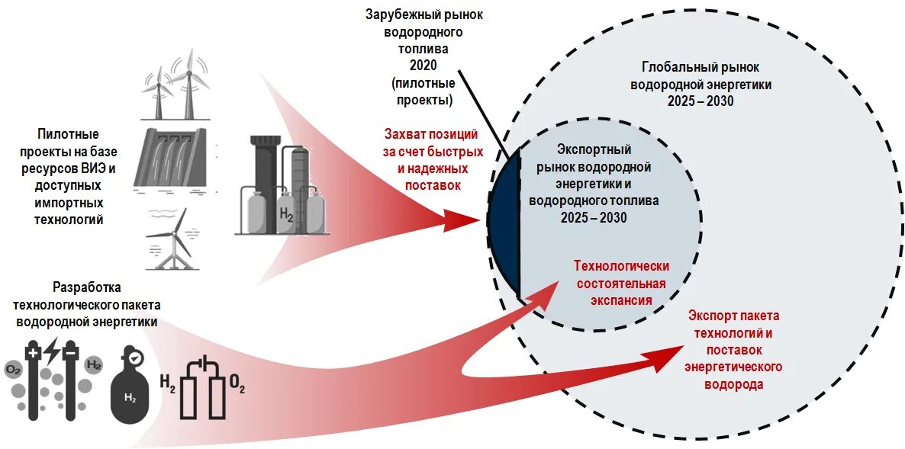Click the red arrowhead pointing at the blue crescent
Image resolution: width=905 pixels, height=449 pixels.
[457, 222]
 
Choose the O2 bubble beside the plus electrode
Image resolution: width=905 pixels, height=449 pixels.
[13, 370]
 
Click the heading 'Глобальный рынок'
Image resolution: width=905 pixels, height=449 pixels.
[700, 67]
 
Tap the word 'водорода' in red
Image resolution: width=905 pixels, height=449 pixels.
[733, 384]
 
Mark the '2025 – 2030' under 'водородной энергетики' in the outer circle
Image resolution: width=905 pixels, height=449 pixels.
[700, 101]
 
